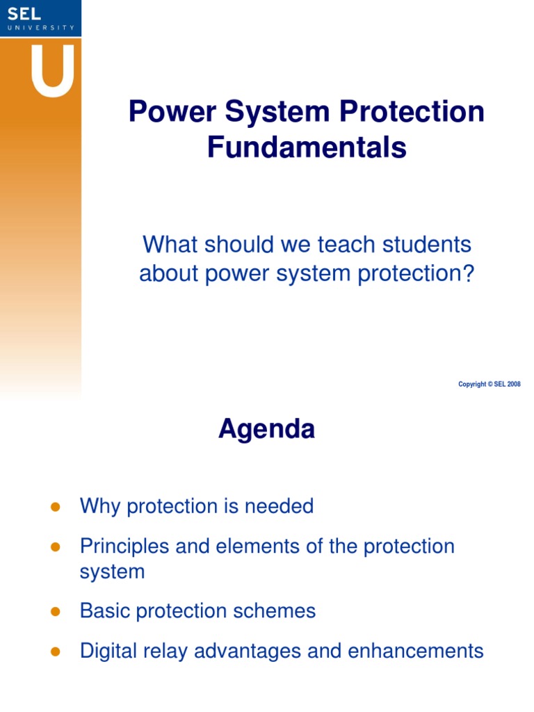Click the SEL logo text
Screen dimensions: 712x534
point(25,13)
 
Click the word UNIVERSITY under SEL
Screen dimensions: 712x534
point(40,27)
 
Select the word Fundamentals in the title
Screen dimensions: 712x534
point(307,147)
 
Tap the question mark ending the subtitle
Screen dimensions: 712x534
point(467,274)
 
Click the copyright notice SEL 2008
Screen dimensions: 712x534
point(489,385)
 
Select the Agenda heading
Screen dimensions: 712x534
point(266,430)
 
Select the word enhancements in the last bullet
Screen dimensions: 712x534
point(415,651)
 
